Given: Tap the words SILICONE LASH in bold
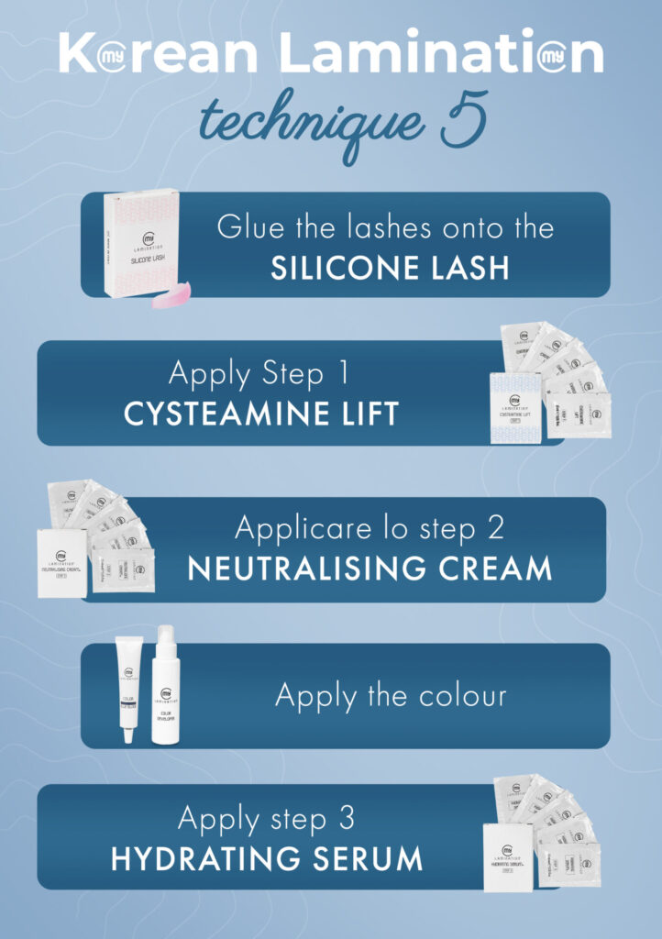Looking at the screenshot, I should (390, 267).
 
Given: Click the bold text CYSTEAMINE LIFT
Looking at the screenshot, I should (261, 414).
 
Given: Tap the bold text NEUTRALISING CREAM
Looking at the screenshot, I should (370, 569).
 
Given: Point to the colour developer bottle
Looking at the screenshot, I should (167, 684).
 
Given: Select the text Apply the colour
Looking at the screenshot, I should (391, 695).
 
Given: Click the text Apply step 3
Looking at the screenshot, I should (266, 818).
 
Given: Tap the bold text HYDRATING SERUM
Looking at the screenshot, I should (267, 858).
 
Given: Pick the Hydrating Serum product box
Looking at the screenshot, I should (510, 856).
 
